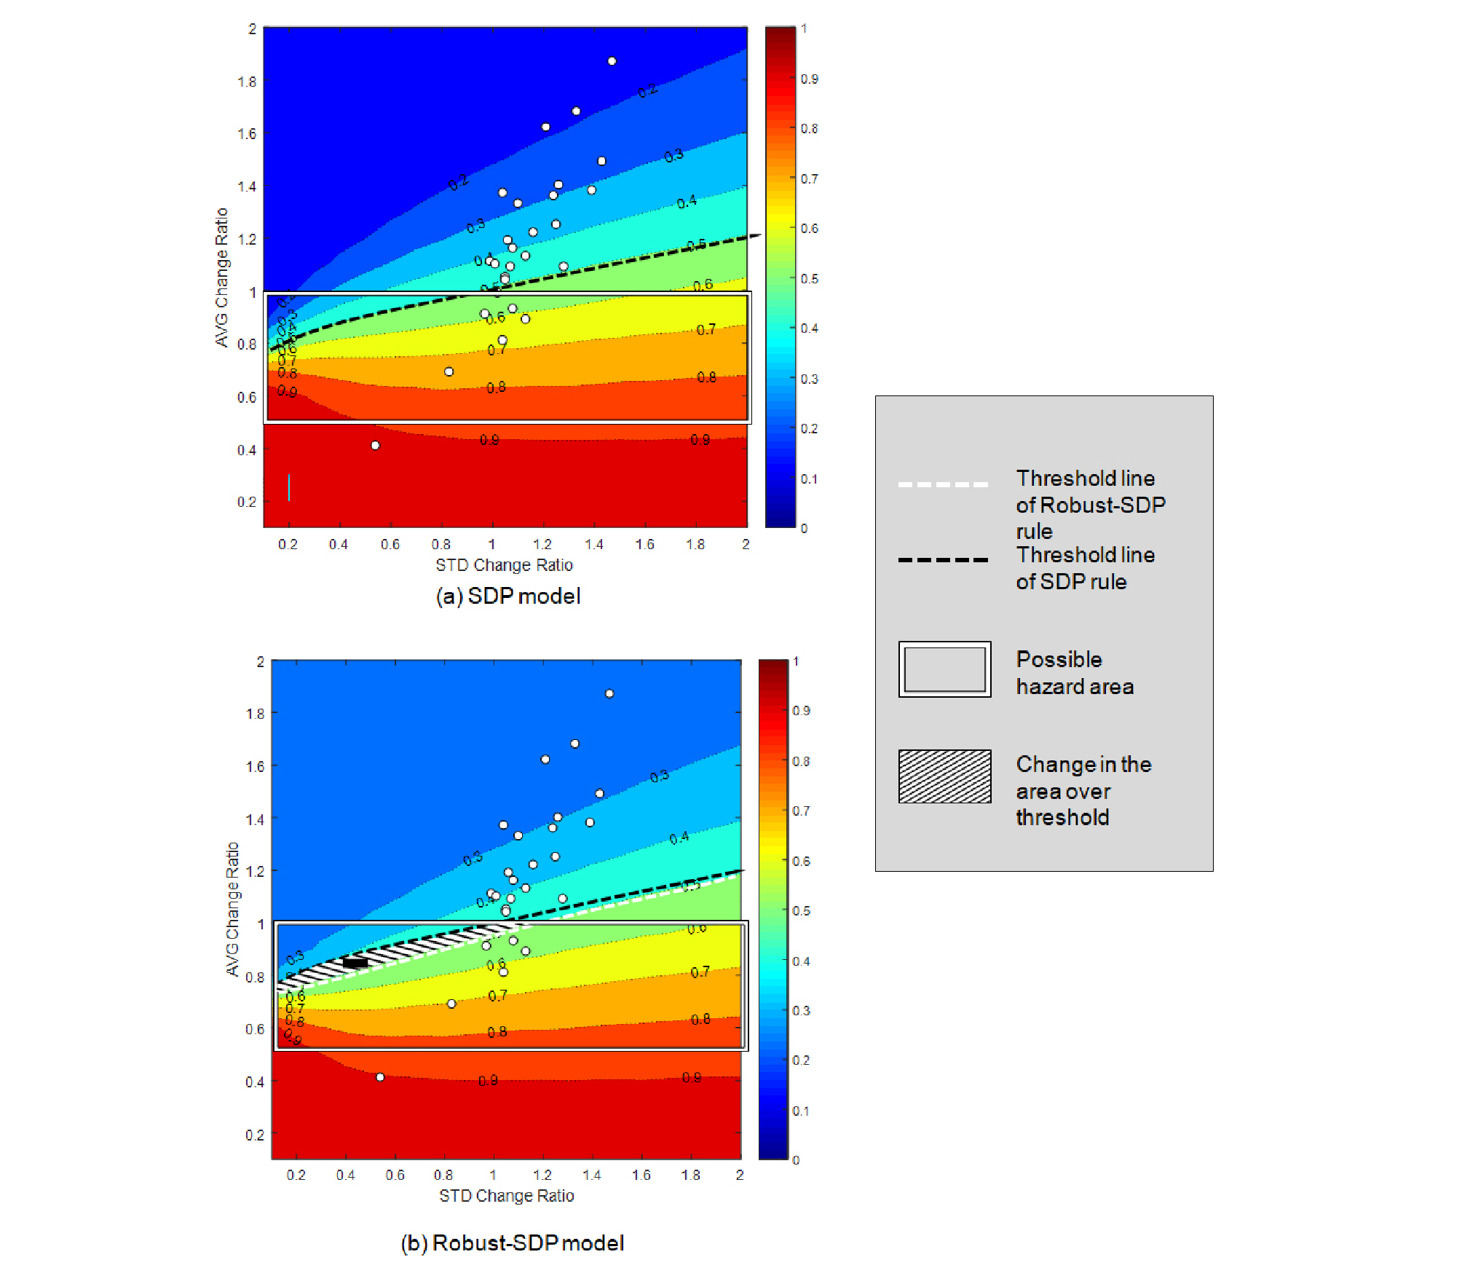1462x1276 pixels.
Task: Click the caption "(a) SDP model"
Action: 508,596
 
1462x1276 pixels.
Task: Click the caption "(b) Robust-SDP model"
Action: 512,1242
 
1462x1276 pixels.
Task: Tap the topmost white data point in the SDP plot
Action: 612,61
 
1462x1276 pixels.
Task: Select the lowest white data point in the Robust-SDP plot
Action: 379,1077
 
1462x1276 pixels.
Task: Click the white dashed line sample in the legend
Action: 943,484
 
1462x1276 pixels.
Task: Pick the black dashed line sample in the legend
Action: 943,560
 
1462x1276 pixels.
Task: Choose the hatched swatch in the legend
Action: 944,776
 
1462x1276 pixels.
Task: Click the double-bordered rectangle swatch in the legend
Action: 944,669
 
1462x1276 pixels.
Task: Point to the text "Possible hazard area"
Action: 1074,673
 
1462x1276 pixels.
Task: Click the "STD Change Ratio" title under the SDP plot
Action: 504,565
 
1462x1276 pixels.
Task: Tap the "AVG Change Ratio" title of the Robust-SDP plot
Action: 232,909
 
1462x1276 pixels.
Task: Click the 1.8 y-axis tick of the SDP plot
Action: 247,82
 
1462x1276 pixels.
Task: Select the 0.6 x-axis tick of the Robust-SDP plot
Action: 395,1175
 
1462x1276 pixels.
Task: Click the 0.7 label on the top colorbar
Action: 809,178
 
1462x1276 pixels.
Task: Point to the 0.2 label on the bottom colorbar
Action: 801,1060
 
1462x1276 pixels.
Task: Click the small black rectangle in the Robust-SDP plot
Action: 355,963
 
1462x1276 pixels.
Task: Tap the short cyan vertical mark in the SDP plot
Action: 289,487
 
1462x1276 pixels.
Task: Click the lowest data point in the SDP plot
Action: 375,445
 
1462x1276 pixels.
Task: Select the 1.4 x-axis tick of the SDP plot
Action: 593,544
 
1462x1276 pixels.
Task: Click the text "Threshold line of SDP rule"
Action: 1085,568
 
